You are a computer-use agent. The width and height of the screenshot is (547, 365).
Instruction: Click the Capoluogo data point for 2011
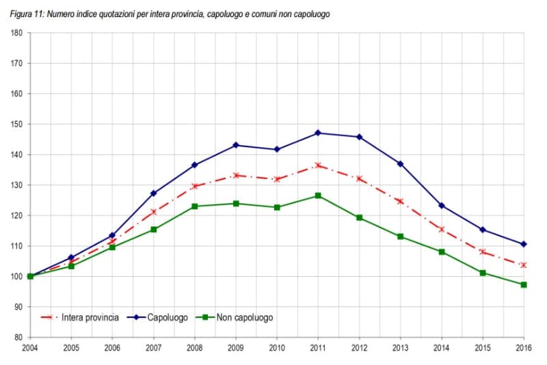[318, 133]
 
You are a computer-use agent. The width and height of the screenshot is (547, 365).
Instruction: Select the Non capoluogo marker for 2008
[194, 206]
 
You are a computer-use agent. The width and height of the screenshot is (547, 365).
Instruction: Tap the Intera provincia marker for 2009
[236, 175]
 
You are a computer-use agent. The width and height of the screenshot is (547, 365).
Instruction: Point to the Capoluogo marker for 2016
[524, 244]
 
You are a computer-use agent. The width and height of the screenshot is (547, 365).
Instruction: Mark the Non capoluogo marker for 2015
[483, 273]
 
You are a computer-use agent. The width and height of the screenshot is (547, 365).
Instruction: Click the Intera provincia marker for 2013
[400, 201]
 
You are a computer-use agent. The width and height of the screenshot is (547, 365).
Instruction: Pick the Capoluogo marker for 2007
[153, 193]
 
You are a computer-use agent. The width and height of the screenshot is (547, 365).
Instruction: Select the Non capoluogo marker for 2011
[318, 195]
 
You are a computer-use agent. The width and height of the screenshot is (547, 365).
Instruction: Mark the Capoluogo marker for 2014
[441, 206]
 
